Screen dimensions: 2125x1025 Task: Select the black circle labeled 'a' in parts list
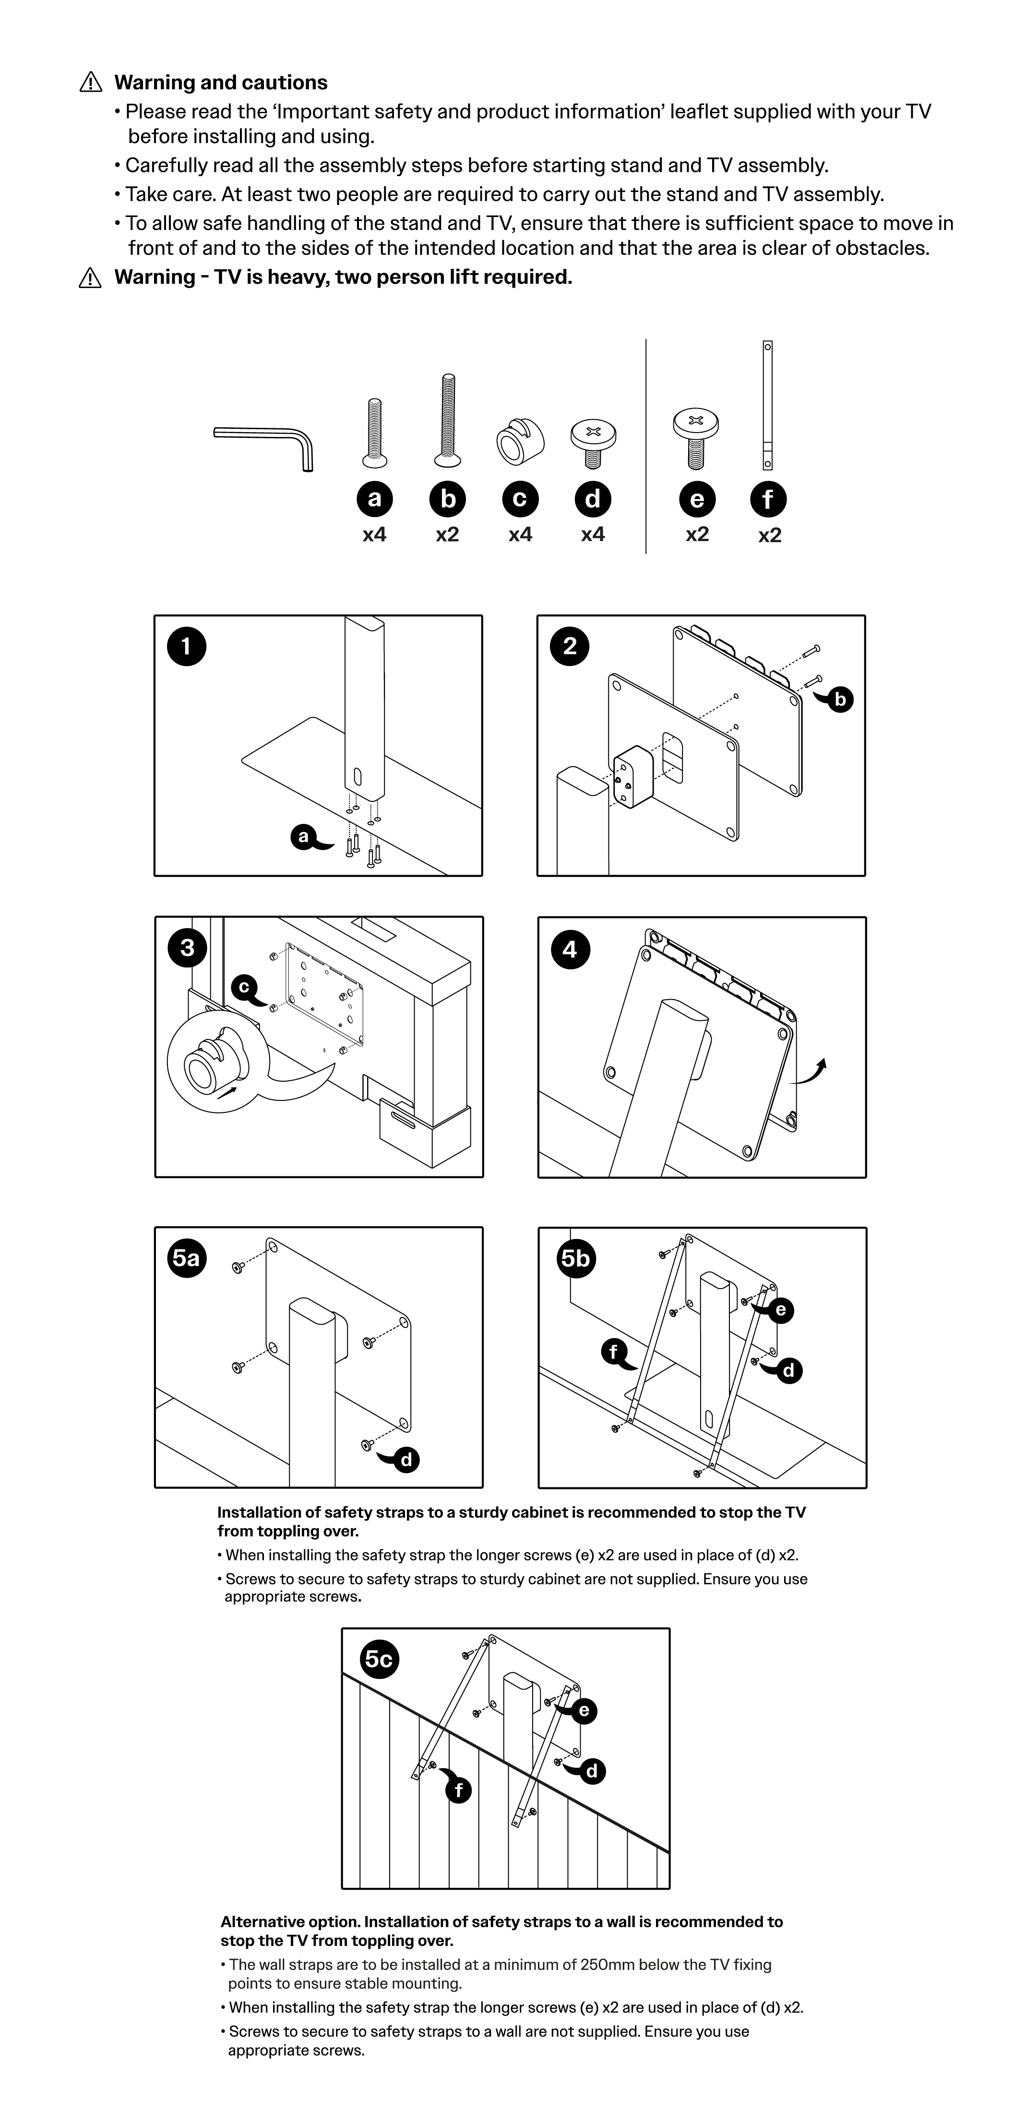(374, 499)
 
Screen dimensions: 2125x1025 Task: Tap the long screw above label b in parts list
(448, 421)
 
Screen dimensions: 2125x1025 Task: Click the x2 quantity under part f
(769, 535)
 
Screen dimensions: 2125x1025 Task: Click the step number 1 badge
(186, 646)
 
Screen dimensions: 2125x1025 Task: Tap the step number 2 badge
(570, 646)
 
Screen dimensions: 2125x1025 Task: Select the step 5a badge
(186, 1258)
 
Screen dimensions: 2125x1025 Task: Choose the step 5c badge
(379, 1659)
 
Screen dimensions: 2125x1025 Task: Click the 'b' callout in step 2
(839, 700)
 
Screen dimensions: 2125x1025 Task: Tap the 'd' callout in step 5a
(405, 1460)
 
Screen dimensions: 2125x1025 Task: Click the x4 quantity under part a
(374, 534)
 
